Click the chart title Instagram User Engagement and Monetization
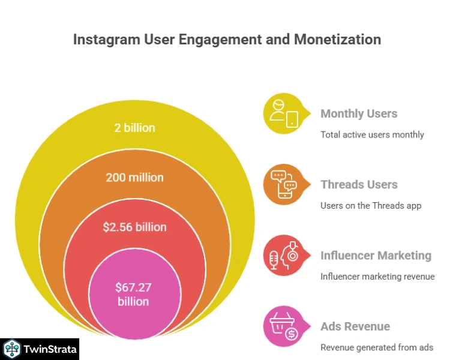pos(227,40)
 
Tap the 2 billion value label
pos(134,128)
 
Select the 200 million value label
pos(134,178)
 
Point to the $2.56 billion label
pos(134,227)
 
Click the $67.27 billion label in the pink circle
pos(133,293)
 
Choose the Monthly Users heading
pos(359,113)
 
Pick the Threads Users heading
pos(359,184)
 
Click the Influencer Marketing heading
pos(376,256)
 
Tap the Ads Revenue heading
pos(355,326)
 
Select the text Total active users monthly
pos(372,134)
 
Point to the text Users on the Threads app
pos(371,206)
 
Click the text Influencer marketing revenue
pos(377,277)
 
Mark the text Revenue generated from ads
pos(377,347)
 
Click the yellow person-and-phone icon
pos(284,113)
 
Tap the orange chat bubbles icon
pos(284,184)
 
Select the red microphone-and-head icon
pos(284,255)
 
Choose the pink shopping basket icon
pos(284,326)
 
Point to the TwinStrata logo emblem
pos(12,349)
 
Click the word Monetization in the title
pos(337,40)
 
